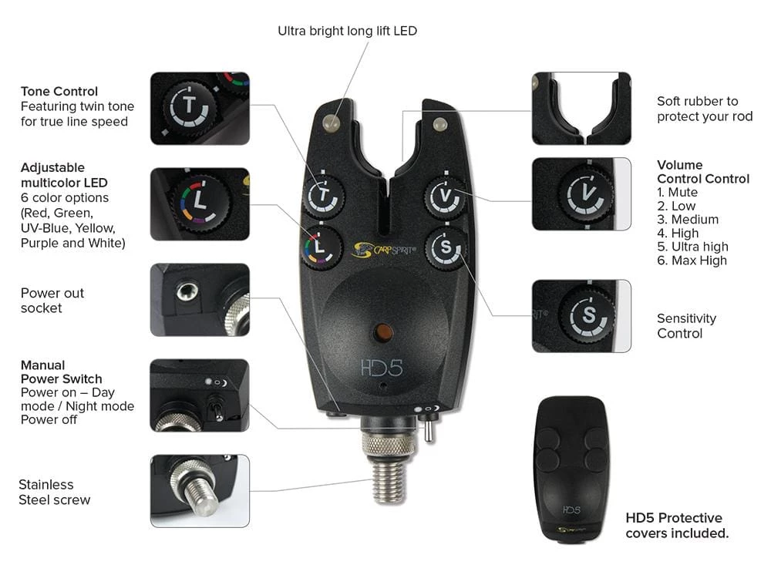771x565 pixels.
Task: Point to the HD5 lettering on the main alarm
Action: (x=382, y=368)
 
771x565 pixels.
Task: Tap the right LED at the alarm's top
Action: (x=439, y=123)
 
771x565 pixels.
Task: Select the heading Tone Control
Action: (x=59, y=91)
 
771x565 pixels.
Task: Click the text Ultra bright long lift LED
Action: (x=347, y=31)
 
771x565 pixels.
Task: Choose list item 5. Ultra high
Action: (x=692, y=247)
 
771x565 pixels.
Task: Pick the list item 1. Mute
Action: (x=677, y=192)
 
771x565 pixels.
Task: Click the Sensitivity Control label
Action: (x=686, y=325)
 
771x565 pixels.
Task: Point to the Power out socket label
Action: (x=52, y=300)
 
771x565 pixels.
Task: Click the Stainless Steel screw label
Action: (x=54, y=492)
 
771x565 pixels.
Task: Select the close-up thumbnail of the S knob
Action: (x=581, y=316)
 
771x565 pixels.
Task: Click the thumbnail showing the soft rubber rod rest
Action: (x=581, y=109)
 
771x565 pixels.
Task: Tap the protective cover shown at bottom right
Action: (x=571, y=469)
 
